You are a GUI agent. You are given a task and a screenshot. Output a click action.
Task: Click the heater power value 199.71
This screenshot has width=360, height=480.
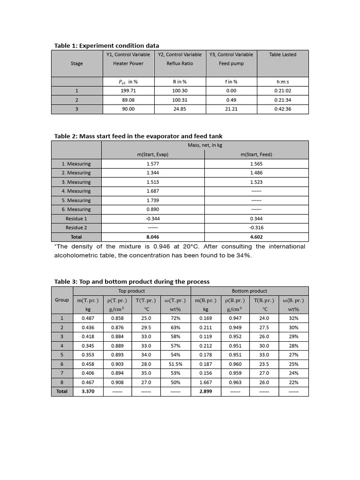pyautogui.click(x=128, y=91)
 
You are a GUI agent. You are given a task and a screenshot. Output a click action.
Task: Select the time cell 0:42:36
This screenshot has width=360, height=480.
pyautogui.click(x=283, y=109)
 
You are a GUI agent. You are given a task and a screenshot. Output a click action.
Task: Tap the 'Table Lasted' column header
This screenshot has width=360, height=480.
pyautogui.click(x=283, y=54)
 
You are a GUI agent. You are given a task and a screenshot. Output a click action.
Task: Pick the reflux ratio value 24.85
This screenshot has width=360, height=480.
pyautogui.click(x=180, y=109)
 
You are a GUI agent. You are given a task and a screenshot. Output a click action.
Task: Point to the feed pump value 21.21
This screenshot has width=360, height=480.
pyautogui.click(x=231, y=109)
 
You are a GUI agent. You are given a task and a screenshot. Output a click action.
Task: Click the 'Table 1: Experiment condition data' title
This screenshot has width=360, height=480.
pyautogui.click(x=106, y=45)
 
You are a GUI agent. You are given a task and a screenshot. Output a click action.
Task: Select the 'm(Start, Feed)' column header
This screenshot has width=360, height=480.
pyautogui.click(x=256, y=155)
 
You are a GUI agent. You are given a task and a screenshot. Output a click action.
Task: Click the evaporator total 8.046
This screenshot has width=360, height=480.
pyautogui.click(x=153, y=237)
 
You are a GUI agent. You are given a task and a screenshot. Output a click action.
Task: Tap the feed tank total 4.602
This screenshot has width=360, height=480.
pyautogui.click(x=256, y=237)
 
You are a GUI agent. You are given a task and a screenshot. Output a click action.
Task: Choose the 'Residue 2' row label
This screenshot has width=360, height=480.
pyautogui.click(x=76, y=228)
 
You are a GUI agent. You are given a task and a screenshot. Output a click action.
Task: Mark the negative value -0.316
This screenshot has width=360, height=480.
pyautogui.click(x=256, y=228)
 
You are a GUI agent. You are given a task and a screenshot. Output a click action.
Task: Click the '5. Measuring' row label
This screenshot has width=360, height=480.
pyautogui.click(x=76, y=200)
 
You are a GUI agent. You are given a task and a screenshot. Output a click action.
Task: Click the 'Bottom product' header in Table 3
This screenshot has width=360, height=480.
pyautogui.click(x=249, y=291)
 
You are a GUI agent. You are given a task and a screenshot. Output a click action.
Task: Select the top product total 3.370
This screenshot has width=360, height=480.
pyautogui.click(x=88, y=391)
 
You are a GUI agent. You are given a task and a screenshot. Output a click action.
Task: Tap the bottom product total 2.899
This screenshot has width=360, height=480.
pyautogui.click(x=205, y=391)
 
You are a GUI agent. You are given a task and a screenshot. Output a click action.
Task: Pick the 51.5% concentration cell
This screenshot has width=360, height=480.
pyautogui.click(x=176, y=364)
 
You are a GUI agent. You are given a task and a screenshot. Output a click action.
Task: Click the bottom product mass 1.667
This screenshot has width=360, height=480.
pyautogui.click(x=205, y=382)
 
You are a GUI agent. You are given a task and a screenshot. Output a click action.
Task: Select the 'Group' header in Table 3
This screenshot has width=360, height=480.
pyautogui.click(x=62, y=300)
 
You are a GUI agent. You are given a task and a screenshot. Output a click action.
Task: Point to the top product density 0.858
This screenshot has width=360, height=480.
pyautogui.click(x=118, y=318)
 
